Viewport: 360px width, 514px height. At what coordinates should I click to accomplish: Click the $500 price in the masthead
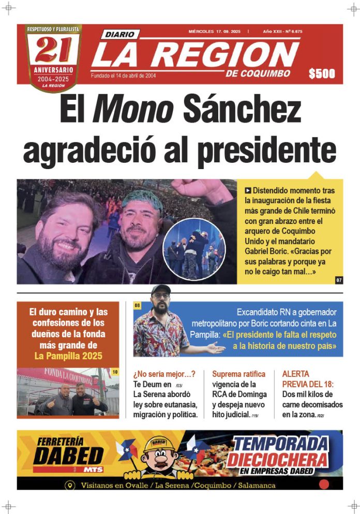click(x=322, y=74)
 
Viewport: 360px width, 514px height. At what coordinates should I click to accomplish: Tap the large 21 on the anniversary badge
click(x=53, y=51)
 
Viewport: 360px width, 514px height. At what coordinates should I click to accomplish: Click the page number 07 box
click(x=339, y=280)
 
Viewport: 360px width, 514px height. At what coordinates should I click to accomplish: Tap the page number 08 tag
click(x=138, y=306)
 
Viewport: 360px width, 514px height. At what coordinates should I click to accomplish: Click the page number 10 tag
click(x=115, y=372)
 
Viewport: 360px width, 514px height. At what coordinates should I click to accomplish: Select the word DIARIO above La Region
click(x=120, y=35)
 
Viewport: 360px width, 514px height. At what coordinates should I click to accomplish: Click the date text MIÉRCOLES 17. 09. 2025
click(x=216, y=32)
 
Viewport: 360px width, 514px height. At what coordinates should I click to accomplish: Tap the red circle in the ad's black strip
click(x=324, y=485)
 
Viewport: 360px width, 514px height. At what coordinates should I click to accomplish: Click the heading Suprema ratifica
click(x=238, y=374)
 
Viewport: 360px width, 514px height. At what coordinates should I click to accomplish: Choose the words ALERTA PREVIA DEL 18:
click(x=308, y=379)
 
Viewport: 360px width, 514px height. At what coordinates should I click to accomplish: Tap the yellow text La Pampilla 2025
click(x=68, y=356)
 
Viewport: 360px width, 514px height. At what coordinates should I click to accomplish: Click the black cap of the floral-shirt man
click(x=161, y=290)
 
